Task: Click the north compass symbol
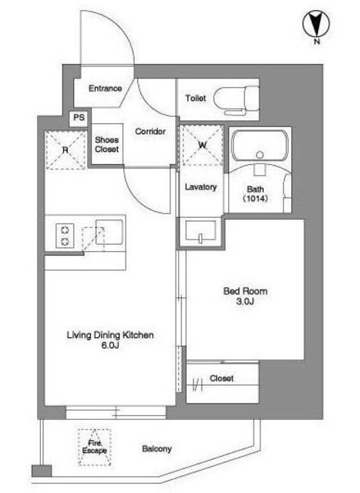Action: point(316,25)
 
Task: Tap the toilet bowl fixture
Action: point(237,100)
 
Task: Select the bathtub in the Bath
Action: point(260,146)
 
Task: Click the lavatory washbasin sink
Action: point(200,231)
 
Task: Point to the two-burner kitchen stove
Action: point(66,236)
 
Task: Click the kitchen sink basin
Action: point(109,232)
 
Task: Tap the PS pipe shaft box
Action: point(79,118)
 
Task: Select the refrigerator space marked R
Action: point(66,150)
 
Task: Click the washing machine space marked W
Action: point(203,145)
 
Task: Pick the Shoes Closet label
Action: point(107,144)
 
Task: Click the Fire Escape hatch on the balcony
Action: point(94,447)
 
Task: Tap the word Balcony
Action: point(156,448)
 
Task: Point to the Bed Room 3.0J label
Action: point(245,296)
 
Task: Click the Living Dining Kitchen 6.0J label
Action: point(110,340)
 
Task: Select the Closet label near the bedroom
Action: point(221,378)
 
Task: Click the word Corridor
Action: point(150,131)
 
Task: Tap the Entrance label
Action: point(105,89)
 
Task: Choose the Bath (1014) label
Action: point(255,193)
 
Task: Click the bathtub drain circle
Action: point(260,155)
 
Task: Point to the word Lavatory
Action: point(200,187)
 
